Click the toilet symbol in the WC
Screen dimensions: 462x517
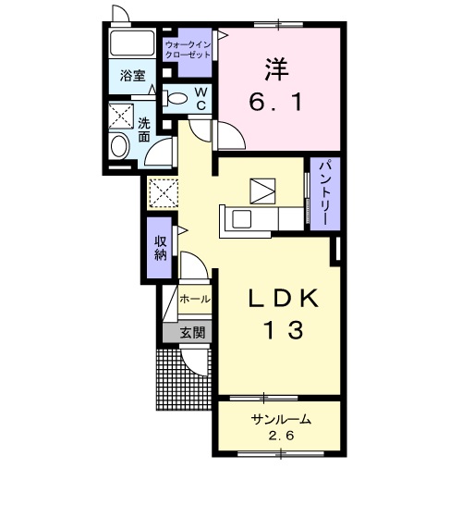(x=176, y=98)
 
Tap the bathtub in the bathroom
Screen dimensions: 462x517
(x=132, y=43)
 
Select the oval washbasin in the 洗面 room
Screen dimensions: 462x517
(x=119, y=146)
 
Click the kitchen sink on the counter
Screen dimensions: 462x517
(x=241, y=219)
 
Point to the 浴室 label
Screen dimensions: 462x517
(x=132, y=76)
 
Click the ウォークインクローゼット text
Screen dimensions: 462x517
(x=188, y=49)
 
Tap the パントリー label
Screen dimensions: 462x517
(x=324, y=192)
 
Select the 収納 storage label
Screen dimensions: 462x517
(x=161, y=248)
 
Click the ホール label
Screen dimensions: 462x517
(x=195, y=299)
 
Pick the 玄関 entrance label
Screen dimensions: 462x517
(x=192, y=332)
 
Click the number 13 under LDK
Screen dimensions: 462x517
(x=283, y=330)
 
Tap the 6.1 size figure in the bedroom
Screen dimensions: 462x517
(x=276, y=103)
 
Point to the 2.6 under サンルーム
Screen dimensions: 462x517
(x=281, y=436)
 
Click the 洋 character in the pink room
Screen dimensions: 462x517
(x=276, y=69)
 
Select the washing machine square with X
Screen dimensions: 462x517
(x=121, y=116)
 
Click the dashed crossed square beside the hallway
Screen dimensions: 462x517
(x=163, y=193)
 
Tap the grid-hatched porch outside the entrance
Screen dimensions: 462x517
(x=184, y=379)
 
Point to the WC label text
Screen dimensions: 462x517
(x=201, y=98)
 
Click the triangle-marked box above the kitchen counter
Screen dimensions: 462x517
(x=262, y=191)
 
